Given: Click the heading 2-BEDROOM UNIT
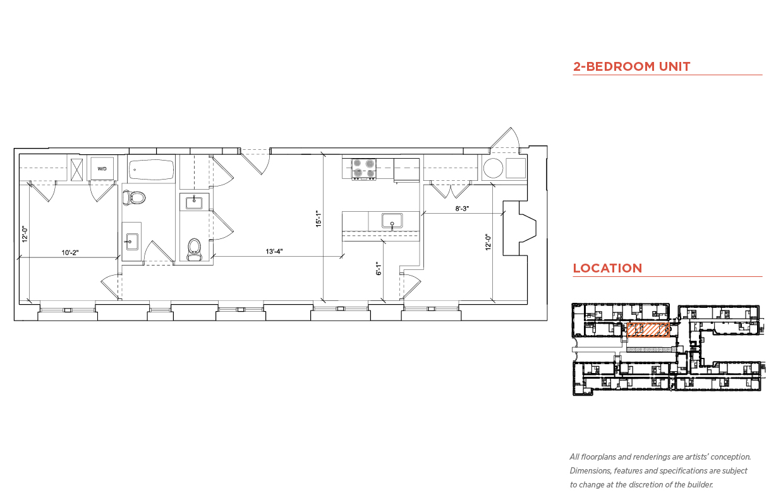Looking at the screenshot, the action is (x=631, y=66).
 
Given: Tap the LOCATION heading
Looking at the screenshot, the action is (x=607, y=268).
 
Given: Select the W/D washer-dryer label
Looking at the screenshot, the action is (x=102, y=169).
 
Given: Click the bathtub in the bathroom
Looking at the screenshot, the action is (x=152, y=169).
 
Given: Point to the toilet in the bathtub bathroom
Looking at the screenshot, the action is (x=134, y=198).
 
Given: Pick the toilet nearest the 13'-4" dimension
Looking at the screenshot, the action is (x=194, y=249).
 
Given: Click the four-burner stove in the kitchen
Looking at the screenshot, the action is (x=364, y=169).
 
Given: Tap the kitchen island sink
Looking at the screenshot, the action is (x=392, y=221).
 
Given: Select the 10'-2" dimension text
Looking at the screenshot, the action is (x=70, y=252).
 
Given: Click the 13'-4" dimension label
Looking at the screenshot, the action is (x=274, y=251).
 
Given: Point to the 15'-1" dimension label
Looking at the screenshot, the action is (x=318, y=219).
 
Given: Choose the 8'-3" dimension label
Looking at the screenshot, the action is (x=462, y=209).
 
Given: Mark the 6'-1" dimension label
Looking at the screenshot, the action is (x=379, y=268).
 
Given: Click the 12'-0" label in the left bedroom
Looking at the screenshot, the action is (x=25, y=234).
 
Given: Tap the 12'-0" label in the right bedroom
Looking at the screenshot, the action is (x=488, y=242).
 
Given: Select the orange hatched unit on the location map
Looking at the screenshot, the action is (x=648, y=330).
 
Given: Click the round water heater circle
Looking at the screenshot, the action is (x=493, y=168).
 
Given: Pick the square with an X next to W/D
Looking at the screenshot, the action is (x=76, y=169).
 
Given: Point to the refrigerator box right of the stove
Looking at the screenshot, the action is (x=406, y=170).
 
